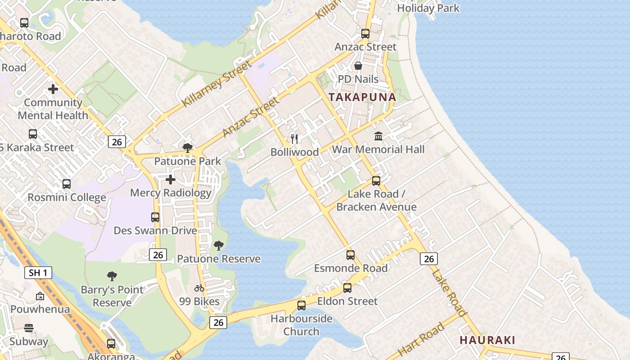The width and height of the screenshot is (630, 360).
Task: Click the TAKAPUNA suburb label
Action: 362,97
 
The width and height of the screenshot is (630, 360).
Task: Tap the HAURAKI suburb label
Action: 487,340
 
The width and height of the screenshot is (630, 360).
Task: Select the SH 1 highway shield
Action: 38,273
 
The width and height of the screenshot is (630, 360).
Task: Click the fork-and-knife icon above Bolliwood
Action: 294,139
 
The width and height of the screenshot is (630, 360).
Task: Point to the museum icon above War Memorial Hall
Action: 378,136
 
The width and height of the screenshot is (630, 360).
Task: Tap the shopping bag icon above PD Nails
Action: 358,66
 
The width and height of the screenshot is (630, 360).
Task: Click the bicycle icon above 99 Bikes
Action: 199,288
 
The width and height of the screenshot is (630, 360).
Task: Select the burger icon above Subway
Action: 29,328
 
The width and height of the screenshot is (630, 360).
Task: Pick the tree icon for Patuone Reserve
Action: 219,246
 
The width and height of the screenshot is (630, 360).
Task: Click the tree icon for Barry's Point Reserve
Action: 112,276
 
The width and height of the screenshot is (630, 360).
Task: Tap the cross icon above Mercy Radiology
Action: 171,180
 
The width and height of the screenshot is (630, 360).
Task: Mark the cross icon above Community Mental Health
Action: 53,89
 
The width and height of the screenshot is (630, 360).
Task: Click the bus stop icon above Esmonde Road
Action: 351,255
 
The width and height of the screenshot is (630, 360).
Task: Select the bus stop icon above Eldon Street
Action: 347,288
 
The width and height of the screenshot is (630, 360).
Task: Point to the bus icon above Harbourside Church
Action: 301,306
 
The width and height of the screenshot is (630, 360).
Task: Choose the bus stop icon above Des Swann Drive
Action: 155,217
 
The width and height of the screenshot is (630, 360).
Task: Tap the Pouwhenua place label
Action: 40,310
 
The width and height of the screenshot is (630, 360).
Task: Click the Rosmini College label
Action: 67,198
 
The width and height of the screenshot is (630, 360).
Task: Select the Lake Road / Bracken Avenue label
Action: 376,201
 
